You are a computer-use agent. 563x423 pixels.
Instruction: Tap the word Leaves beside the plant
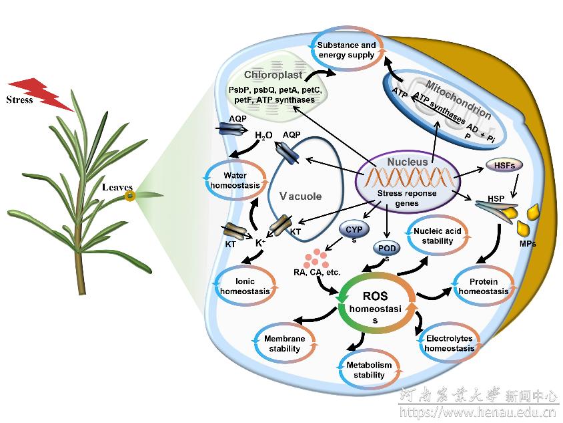[117, 187]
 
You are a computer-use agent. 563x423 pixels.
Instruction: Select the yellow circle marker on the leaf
[129, 196]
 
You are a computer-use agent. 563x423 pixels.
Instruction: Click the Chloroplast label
[273, 75]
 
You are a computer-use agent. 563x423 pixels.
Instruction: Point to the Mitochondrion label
[458, 100]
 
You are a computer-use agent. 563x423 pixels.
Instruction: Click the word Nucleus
[408, 162]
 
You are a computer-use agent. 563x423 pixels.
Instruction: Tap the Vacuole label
[301, 196]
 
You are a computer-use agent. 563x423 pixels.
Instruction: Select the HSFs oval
[504, 166]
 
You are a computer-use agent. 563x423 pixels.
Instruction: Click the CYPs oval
[354, 230]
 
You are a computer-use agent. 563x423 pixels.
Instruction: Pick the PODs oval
[387, 249]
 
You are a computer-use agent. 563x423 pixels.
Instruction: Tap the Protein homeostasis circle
[454, 286]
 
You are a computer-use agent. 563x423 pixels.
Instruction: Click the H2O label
[263, 135]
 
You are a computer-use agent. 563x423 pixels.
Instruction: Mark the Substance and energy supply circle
[310, 49]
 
